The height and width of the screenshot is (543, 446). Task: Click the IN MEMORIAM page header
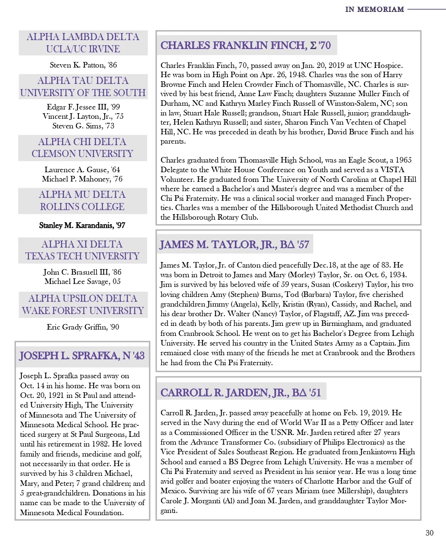click(374, 9)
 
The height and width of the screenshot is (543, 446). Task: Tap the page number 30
click(429, 533)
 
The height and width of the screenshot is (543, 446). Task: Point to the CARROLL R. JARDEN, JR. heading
click(240, 393)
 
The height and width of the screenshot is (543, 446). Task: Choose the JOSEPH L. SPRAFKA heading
click(82, 356)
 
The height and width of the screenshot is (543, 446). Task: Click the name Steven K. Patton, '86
click(83, 65)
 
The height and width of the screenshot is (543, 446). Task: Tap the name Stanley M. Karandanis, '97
click(82, 225)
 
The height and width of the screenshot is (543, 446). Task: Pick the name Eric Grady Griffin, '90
click(83, 327)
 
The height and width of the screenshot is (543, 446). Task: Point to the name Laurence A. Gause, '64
click(82, 170)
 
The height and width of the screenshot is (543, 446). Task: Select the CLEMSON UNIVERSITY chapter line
click(82, 154)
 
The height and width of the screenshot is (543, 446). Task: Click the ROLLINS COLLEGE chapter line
click(82, 207)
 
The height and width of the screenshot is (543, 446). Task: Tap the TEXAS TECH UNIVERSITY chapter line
click(82, 256)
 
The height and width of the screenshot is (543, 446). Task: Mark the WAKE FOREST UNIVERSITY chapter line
click(83, 310)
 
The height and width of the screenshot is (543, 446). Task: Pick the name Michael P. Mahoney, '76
click(82, 179)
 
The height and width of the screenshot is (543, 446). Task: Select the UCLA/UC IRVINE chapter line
click(83, 49)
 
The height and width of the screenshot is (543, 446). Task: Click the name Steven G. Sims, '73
click(83, 126)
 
